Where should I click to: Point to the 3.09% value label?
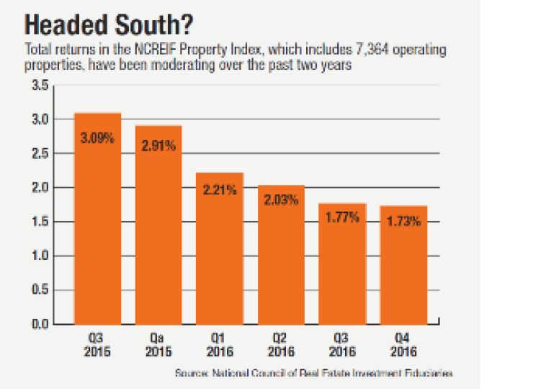(98, 138)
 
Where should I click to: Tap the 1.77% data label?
(343, 217)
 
